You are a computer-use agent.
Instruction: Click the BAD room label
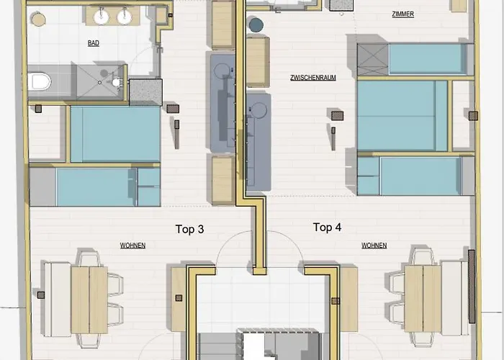click(93, 43)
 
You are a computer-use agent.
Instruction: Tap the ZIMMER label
click(402, 14)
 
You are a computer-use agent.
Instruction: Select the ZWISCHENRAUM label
click(313, 78)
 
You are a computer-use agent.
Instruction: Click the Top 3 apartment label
click(189, 229)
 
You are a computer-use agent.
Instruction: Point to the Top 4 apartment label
click(327, 228)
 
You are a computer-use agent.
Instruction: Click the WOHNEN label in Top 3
click(132, 246)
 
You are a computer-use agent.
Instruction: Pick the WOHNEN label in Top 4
click(374, 246)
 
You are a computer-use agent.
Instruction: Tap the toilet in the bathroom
click(39, 81)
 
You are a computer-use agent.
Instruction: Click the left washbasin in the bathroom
click(102, 17)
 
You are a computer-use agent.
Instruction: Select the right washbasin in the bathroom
click(124, 17)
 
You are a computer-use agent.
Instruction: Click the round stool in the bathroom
click(39, 19)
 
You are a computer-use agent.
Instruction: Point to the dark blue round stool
click(256, 25)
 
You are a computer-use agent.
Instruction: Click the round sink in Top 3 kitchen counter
click(222, 71)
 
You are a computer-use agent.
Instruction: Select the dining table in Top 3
click(89, 300)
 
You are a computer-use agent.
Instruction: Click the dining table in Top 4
click(423, 299)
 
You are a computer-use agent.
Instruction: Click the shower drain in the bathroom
click(99, 83)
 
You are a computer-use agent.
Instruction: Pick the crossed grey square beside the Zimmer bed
click(373, 60)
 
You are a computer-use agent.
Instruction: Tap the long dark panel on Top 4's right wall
click(472, 287)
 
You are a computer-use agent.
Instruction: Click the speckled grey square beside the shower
click(145, 92)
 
